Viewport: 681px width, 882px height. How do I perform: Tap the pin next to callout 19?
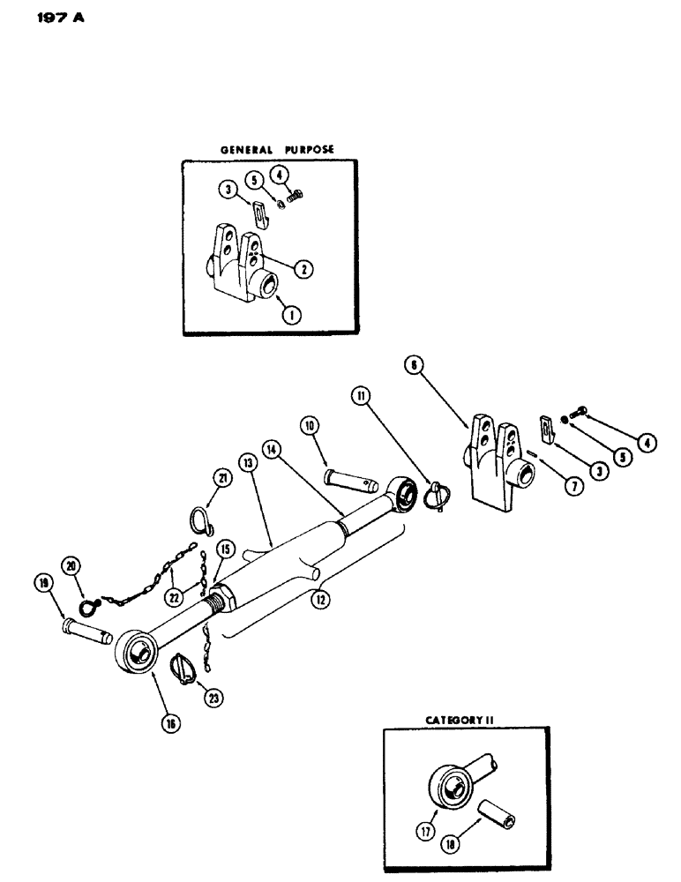[x=86, y=631]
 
